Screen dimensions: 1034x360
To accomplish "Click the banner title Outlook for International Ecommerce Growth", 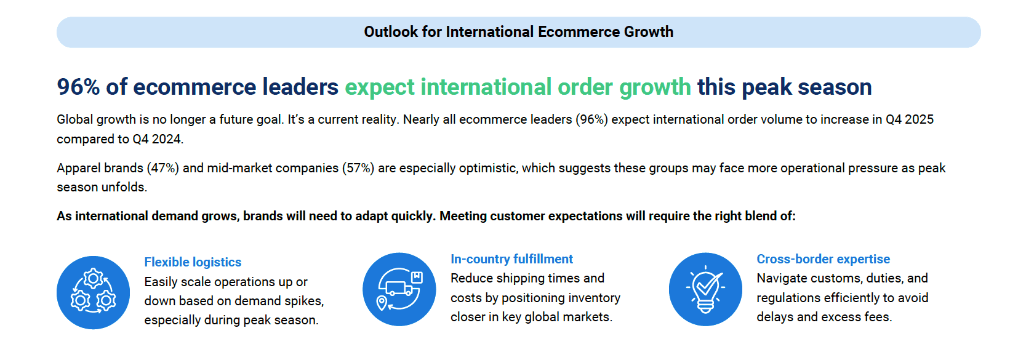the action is tap(518, 32).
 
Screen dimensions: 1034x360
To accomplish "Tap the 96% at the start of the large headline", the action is tap(78, 87).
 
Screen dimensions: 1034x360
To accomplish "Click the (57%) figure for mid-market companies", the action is tap(358, 168).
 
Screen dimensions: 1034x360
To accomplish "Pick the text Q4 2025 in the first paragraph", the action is tap(910, 119).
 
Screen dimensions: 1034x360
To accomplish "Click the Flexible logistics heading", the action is tap(193, 262).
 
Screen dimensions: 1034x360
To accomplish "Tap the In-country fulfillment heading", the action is tap(511, 259).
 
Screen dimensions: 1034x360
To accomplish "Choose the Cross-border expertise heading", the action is tap(823, 259).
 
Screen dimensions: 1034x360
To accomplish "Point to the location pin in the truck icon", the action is tap(382, 303).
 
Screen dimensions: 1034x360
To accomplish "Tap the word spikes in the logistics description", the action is tap(304, 302).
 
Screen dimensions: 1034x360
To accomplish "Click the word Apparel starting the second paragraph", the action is tap(77, 168).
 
